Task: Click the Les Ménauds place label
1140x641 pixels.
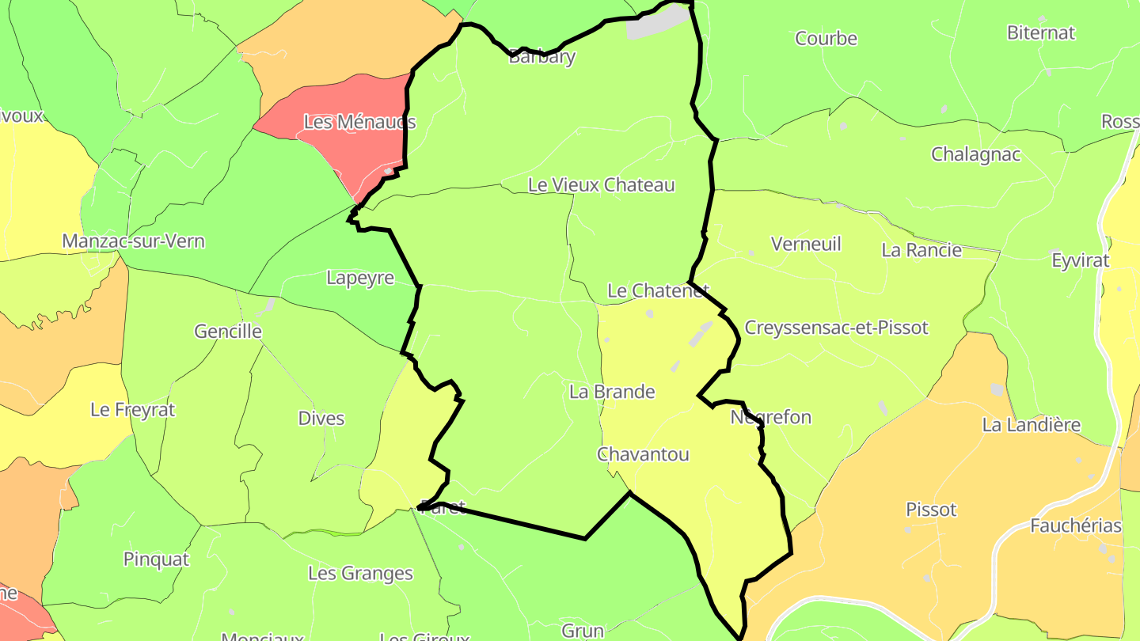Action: click(x=359, y=123)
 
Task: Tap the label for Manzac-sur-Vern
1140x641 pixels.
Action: click(x=133, y=241)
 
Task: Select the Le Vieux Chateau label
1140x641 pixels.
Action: click(x=602, y=185)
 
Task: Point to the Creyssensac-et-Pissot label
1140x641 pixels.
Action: click(x=836, y=328)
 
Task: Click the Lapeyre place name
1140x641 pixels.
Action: click(x=360, y=279)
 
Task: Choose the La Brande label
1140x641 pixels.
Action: click(x=612, y=392)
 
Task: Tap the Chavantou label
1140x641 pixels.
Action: click(x=643, y=454)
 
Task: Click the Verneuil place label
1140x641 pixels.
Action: click(x=806, y=244)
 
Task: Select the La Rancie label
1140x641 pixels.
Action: click(x=921, y=250)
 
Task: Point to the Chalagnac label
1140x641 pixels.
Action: click(x=975, y=154)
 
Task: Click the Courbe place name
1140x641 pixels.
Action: click(x=826, y=38)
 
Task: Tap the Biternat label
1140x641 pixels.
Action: click(x=1041, y=32)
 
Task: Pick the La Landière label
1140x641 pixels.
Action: click(x=1031, y=425)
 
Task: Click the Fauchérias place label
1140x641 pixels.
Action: click(x=1075, y=525)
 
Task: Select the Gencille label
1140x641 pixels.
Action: click(x=228, y=332)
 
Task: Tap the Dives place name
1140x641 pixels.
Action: click(x=321, y=418)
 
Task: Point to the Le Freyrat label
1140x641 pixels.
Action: click(x=133, y=410)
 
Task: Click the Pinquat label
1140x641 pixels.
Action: click(x=156, y=559)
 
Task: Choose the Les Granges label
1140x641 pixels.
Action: click(x=360, y=573)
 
